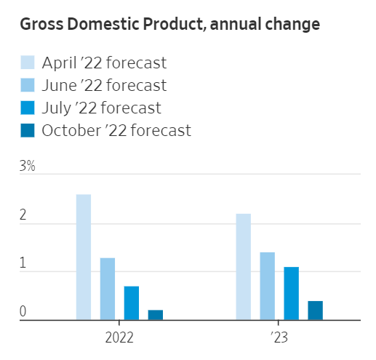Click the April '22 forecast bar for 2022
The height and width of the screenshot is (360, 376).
click(x=84, y=257)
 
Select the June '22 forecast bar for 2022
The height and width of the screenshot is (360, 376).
click(x=108, y=289)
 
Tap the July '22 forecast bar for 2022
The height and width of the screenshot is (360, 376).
click(x=132, y=303)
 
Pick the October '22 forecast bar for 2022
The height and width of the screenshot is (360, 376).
click(x=156, y=315)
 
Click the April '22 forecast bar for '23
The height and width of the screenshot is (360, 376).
click(x=244, y=267)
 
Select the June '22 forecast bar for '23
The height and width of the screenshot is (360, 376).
click(x=268, y=286)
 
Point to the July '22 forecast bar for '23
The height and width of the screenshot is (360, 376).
click(x=292, y=293)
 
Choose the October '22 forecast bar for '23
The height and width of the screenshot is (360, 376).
click(x=315, y=310)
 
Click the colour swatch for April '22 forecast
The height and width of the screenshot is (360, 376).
click(x=27, y=63)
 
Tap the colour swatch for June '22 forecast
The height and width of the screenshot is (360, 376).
click(x=27, y=85)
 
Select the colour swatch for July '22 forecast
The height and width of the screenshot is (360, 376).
click(x=27, y=108)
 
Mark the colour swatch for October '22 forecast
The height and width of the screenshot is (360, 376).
click(x=27, y=130)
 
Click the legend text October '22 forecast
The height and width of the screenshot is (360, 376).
click(x=116, y=130)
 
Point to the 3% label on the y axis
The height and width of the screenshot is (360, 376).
click(x=27, y=167)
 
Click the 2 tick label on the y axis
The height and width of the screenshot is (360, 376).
click(x=23, y=216)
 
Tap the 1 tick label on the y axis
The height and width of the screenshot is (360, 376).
click(x=23, y=264)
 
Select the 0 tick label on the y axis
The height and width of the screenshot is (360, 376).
click(x=23, y=312)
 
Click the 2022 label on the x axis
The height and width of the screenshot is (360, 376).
click(x=119, y=338)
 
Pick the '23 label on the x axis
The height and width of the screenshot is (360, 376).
click(x=279, y=338)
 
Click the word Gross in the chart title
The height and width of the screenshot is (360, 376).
click(x=42, y=25)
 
